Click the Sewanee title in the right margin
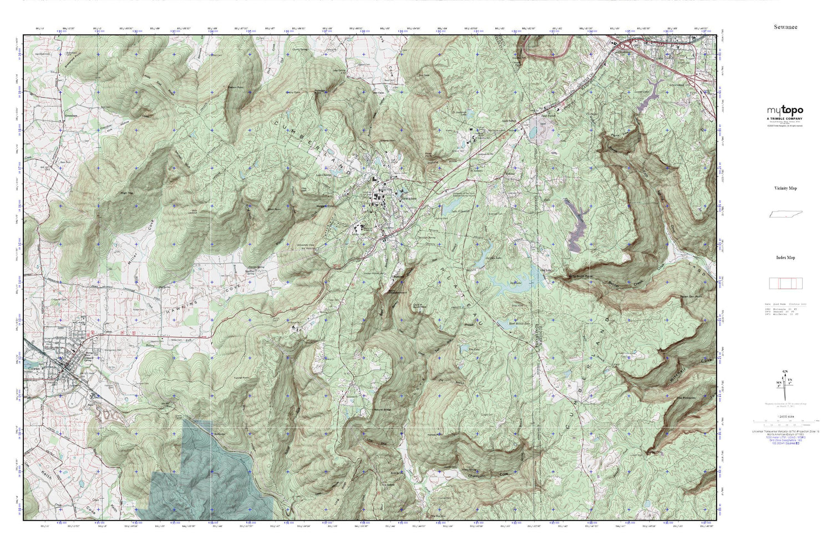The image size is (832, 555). (785, 27)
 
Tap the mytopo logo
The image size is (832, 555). (785, 110)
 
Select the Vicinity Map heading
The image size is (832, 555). (785, 188)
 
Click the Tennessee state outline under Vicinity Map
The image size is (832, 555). (785, 215)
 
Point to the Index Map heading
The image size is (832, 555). (785, 258)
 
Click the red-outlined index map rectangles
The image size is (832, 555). (785, 283)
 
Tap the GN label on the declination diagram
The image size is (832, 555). (784, 371)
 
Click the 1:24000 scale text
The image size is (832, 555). (785, 422)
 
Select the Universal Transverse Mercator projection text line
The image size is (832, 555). (785, 431)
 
